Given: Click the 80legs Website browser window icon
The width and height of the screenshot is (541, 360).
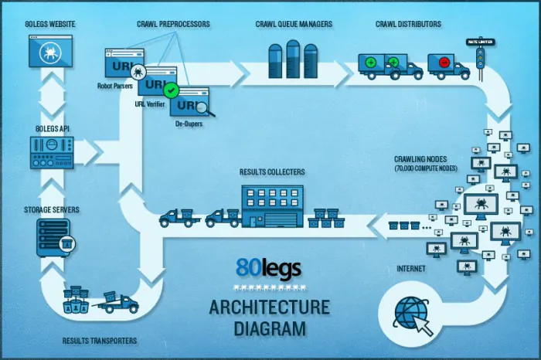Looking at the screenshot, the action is point(50,51).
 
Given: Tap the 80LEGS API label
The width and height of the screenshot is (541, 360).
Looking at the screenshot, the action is point(53,128).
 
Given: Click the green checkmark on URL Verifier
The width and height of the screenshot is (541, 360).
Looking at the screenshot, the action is point(171,90).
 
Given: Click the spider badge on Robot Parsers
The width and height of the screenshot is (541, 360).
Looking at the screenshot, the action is point(138,72).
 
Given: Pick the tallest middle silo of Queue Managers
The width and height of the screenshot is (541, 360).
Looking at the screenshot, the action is point(293,59).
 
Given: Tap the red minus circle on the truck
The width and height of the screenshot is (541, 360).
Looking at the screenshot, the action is point(444,63).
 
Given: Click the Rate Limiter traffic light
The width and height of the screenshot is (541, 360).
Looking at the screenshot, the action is point(480,58).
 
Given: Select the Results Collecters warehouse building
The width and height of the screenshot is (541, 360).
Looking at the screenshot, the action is point(273,206).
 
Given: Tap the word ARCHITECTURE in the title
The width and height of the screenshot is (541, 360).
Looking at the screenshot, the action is point(270,307).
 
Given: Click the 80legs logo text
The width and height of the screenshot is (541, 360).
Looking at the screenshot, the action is point(269,267).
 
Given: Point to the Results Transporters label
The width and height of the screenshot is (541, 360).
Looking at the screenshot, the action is point(100,341).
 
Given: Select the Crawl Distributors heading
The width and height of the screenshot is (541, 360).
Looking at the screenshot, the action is point(408,24).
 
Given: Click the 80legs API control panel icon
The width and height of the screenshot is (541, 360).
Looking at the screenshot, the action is point(52,153).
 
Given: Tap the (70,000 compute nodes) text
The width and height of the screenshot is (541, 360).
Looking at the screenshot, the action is point(426,168).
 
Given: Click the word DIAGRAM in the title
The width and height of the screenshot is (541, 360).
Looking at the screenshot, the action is point(270,328).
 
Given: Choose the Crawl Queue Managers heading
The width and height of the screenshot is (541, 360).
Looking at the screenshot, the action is point(294,24).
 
